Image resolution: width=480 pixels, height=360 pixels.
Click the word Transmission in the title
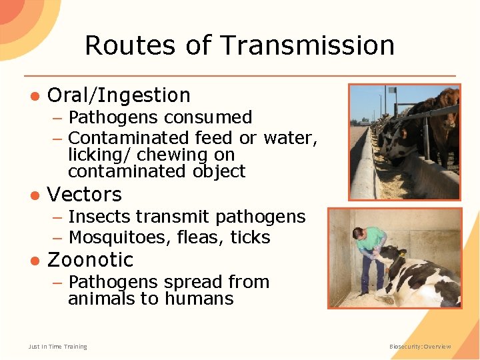click(307, 45)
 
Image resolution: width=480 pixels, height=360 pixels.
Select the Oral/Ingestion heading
click(119, 95)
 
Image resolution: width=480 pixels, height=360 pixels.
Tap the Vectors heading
click(85, 195)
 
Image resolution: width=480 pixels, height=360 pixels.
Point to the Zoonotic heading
click(90, 259)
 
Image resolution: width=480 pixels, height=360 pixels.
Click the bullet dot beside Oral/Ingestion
click(33, 96)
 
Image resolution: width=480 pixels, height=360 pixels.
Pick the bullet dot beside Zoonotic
click(33, 260)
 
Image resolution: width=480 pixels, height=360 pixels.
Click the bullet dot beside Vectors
click(33, 195)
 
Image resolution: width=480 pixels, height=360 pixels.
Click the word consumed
click(208, 118)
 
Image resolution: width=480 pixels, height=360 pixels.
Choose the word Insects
click(100, 217)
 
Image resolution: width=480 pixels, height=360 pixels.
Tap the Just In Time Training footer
click(57, 347)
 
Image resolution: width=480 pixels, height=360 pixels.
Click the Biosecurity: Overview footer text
click(420, 347)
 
